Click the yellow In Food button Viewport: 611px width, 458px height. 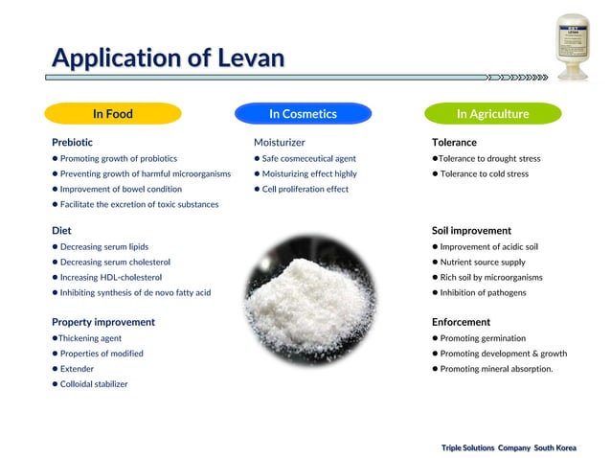pos(113,114)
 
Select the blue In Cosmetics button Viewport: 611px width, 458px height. pos(303,114)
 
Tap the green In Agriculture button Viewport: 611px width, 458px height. pos(492,114)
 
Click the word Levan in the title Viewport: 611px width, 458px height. pos(250,57)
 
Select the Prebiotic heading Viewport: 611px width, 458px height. pos(73,142)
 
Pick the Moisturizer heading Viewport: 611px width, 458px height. pos(280,142)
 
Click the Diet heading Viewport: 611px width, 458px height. pos(60,230)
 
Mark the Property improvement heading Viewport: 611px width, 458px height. pos(103,322)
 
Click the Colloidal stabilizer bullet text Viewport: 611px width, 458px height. pos(94,384)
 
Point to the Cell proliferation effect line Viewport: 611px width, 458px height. pos(305,189)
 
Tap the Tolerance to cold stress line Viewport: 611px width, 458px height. pos(484,174)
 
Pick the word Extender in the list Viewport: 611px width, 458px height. pos(78,369)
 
